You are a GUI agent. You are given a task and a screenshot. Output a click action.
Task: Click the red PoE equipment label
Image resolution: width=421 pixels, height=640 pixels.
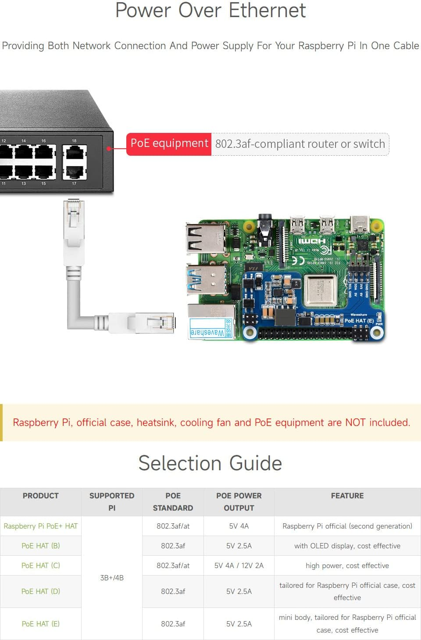[169, 144]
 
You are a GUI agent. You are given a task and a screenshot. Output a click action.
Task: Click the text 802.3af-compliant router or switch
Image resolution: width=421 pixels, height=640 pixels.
[300, 144]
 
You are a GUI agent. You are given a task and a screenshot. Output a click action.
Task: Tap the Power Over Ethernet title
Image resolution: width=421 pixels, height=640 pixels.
[210, 11]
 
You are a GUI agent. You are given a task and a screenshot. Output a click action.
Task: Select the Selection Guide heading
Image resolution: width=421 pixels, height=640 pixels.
[210, 463]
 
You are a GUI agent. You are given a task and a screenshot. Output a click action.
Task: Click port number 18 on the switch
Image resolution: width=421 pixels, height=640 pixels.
[74, 141]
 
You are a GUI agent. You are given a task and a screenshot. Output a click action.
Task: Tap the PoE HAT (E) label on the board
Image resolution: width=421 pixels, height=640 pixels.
[359, 321]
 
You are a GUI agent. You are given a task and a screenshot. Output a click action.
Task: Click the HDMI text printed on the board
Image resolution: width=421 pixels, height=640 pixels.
[312, 241]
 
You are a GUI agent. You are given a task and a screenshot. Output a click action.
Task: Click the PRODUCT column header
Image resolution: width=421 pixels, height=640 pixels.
[40, 496]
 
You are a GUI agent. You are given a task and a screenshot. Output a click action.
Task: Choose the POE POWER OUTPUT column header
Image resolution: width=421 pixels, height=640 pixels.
[239, 501]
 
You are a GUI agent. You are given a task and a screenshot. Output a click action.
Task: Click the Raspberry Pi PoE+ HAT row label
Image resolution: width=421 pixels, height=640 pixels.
[40, 526]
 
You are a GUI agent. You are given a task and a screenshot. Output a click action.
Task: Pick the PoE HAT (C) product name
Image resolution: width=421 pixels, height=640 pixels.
[40, 565]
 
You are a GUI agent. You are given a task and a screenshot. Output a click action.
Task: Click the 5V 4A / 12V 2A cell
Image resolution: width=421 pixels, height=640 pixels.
[239, 565]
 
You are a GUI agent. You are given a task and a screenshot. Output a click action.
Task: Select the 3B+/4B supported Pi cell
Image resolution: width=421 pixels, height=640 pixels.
[112, 578]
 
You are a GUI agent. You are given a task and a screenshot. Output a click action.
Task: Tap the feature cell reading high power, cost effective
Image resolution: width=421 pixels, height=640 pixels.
[347, 565]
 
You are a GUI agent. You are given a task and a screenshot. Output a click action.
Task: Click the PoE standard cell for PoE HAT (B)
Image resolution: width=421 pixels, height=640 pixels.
[173, 546]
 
